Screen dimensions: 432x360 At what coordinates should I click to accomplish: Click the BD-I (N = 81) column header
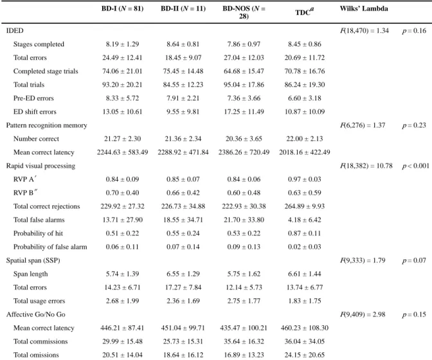tap(122, 8)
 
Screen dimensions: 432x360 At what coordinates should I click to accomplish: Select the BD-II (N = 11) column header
tap(183, 8)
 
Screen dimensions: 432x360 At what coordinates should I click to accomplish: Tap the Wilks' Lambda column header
tap(364, 8)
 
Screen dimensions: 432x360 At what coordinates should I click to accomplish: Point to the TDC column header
tap(305, 12)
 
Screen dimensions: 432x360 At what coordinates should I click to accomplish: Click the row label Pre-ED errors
tap(33, 98)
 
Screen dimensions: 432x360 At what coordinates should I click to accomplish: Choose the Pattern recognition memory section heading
tap(46, 125)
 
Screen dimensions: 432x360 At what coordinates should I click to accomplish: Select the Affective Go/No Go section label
tap(36, 314)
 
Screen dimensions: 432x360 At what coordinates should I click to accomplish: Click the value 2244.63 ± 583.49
tap(122, 152)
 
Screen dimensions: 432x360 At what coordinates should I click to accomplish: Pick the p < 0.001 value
tap(415, 166)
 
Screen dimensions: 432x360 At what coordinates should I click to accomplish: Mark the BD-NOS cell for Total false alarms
tap(244, 220)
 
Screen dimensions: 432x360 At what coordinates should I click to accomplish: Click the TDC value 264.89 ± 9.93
tap(305, 206)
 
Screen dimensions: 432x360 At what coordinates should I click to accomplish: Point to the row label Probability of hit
tap(39, 233)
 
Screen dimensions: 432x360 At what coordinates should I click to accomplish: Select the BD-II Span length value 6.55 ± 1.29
tap(183, 274)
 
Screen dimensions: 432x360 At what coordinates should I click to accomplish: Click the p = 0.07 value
tap(414, 260)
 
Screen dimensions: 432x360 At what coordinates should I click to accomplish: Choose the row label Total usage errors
tap(39, 301)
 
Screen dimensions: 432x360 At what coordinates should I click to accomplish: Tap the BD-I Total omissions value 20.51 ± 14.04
tap(122, 355)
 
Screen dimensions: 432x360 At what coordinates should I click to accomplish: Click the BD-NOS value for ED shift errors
tap(244, 112)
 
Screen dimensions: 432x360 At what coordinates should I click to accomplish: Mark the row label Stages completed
tap(39, 44)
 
